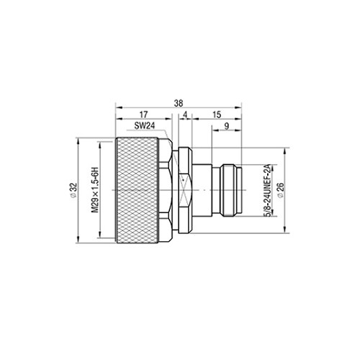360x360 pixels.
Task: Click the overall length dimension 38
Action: tap(179, 103)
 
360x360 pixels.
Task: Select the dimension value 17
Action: tap(143, 114)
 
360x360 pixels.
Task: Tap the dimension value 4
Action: tap(185, 115)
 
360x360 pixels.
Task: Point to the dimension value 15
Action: tap(217, 114)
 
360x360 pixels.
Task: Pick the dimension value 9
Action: tap(226, 126)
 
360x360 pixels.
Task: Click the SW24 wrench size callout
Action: tap(145, 126)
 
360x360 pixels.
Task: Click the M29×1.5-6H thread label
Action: tap(95, 189)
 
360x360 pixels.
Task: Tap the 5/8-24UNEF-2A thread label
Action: tap(267, 191)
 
